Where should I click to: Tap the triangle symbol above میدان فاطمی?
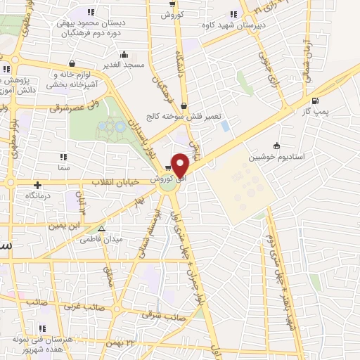click(102, 229)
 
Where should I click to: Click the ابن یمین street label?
click(64, 226)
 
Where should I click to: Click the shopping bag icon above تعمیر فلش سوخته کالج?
click(184, 106)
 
